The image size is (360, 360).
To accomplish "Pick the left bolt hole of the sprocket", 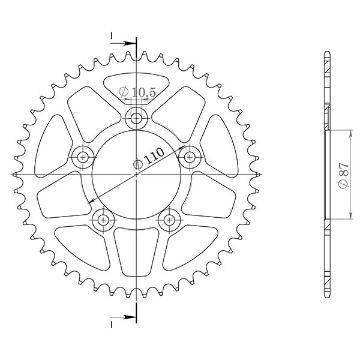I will point(82,157).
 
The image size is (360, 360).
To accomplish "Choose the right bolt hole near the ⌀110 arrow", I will point(191,157).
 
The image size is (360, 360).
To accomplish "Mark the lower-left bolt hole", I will point(103,218).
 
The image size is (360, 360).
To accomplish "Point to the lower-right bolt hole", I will point(170,218).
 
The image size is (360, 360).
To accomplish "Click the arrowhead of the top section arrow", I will point(132,43).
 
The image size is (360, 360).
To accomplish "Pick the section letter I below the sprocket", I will point(112,322).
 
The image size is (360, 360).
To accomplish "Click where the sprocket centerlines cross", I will point(137,175).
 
